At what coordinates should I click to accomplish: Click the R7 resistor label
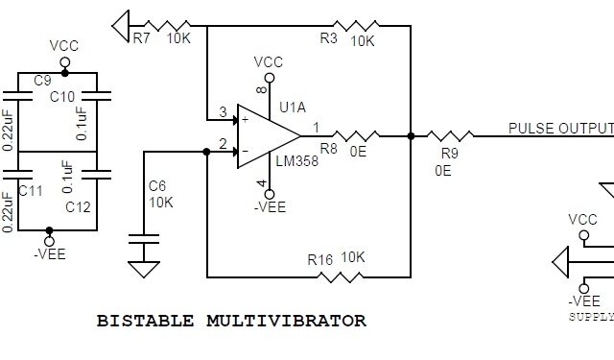pos(141,39)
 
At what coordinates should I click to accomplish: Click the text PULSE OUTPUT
pos(559,129)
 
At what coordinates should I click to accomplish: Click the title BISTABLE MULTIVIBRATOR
pos(231,321)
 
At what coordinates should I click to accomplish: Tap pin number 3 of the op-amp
pos(223,113)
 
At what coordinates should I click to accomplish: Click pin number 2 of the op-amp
pos(223,144)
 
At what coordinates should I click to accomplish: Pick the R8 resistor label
pos(328,150)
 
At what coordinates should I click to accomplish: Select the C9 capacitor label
pos(42,82)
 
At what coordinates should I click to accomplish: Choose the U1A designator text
pos(293,107)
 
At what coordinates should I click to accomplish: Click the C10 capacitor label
pos(63,96)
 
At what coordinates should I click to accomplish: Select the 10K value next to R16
pos(352,257)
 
